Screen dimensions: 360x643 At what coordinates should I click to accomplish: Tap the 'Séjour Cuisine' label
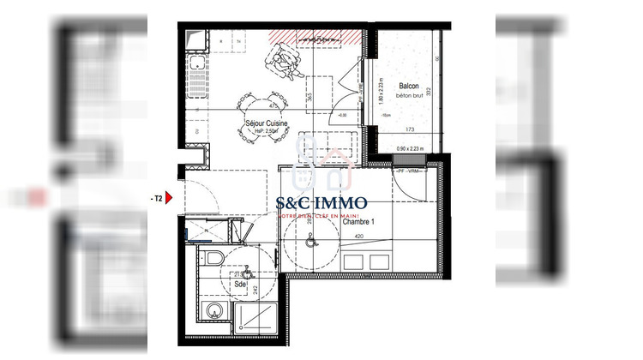(265, 123)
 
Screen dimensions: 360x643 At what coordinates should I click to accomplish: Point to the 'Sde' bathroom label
(239, 285)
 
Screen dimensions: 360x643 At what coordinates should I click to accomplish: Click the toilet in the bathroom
(214, 259)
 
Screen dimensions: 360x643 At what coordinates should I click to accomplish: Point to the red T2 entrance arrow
(168, 198)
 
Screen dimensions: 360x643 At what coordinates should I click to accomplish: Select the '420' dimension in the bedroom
(361, 236)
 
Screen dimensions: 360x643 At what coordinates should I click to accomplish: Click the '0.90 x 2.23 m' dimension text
(414, 149)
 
